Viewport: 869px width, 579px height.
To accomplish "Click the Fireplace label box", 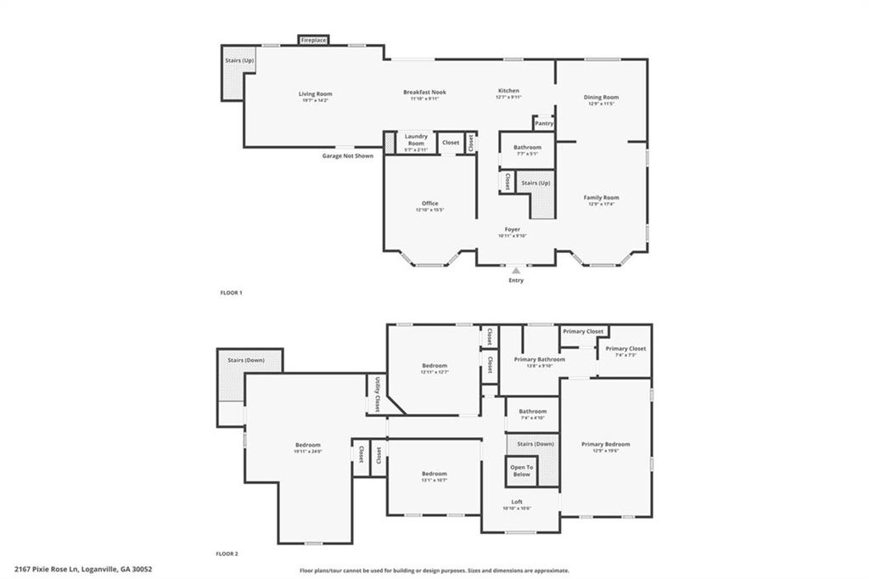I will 313,40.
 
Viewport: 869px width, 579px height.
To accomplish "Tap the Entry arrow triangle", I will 516,271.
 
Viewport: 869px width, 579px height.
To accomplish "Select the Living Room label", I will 315,93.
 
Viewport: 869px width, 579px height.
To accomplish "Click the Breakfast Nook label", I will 424,93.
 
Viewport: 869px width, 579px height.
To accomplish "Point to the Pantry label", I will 544,124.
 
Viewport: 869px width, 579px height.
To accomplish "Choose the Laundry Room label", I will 416,139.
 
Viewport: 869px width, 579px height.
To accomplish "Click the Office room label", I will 430,204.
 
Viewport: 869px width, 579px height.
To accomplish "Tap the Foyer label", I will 513,229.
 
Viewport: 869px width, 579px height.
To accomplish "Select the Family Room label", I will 601,198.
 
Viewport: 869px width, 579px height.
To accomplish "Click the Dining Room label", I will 601,98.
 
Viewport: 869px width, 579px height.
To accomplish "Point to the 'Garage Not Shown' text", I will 347,156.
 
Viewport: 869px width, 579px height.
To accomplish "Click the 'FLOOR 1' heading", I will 231,293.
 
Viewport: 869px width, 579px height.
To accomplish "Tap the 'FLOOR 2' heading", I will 227,554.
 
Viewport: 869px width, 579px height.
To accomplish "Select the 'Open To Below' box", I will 521,470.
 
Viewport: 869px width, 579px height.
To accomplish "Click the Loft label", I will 516,502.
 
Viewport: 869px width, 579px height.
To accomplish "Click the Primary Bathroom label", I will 539,359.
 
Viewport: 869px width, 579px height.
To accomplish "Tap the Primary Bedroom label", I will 605,444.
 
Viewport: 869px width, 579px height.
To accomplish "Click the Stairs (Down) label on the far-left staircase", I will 246,360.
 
